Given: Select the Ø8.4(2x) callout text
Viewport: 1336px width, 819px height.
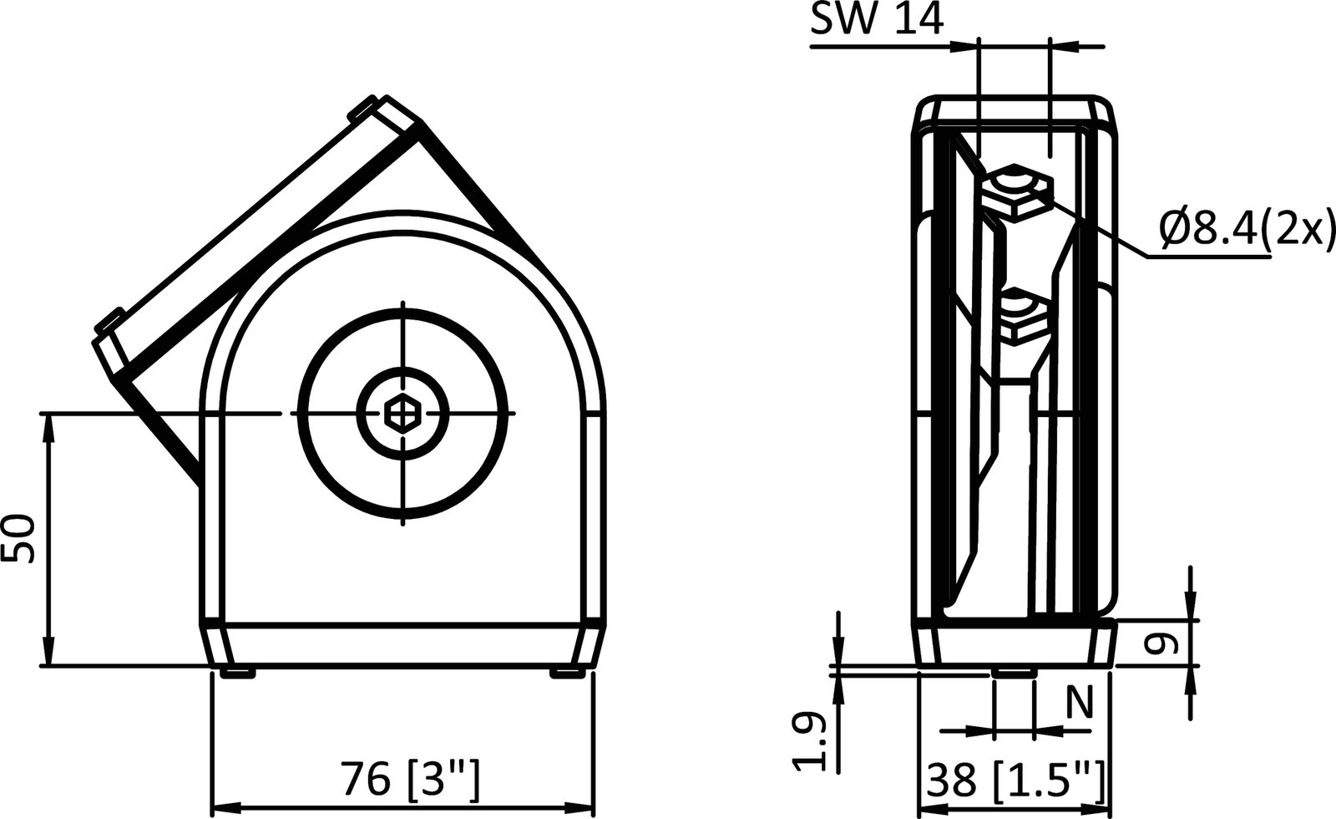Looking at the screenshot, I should point(1242,227).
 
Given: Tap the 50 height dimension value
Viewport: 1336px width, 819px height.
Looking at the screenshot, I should point(18,540).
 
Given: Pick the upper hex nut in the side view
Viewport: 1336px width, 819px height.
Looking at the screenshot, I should point(1017,191).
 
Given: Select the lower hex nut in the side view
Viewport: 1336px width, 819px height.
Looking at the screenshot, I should point(1023,318).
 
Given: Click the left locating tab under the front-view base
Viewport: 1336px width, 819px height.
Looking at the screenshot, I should point(237,673).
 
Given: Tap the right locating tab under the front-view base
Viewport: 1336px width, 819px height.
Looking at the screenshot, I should point(567,673).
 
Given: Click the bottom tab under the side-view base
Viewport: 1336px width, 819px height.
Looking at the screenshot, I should point(1013,671).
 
